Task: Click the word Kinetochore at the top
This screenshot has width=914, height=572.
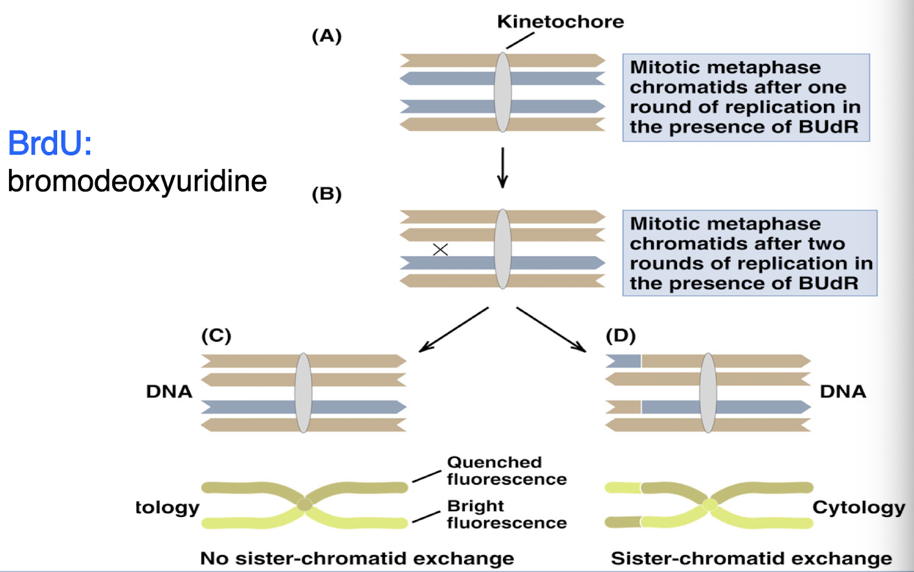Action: coord(560,21)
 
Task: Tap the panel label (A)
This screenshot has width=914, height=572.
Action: coord(326,36)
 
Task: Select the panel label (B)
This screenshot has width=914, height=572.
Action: coord(326,193)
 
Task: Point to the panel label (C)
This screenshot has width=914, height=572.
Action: coord(216,335)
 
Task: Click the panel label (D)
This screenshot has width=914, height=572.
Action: coord(620,335)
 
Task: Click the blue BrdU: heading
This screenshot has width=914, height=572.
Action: coord(50,143)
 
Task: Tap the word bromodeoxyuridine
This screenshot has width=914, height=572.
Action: coord(137,181)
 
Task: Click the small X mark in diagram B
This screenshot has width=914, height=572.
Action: coord(440,250)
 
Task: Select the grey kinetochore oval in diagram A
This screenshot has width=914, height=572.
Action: coord(502,93)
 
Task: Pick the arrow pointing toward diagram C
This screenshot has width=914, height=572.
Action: coord(453,330)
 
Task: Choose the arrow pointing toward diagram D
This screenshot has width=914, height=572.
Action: coord(551,330)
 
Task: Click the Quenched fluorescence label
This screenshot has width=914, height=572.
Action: coord(506,470)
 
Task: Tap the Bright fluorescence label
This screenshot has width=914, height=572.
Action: coord(506,514)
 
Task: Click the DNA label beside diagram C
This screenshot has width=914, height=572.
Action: coord(169,391)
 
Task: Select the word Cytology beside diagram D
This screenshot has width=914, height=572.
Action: coord(858,507)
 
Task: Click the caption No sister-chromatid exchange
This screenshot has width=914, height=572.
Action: coord(357,558)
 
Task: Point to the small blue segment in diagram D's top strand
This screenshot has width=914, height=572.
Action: coord(623,361)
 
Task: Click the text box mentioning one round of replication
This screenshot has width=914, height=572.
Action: coord(745,97)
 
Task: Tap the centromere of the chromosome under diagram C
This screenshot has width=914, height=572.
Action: coord(304,505)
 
